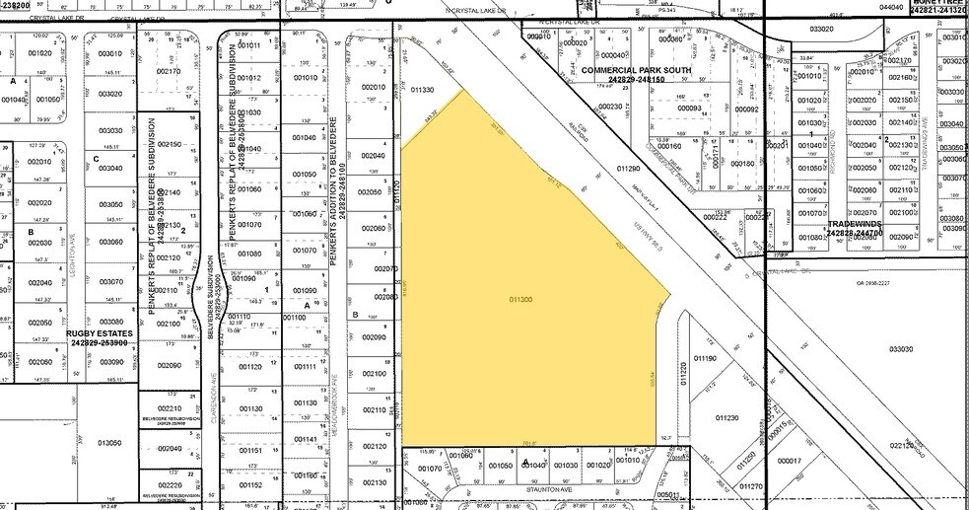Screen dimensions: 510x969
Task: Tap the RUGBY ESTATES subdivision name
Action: pos(99,333)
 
